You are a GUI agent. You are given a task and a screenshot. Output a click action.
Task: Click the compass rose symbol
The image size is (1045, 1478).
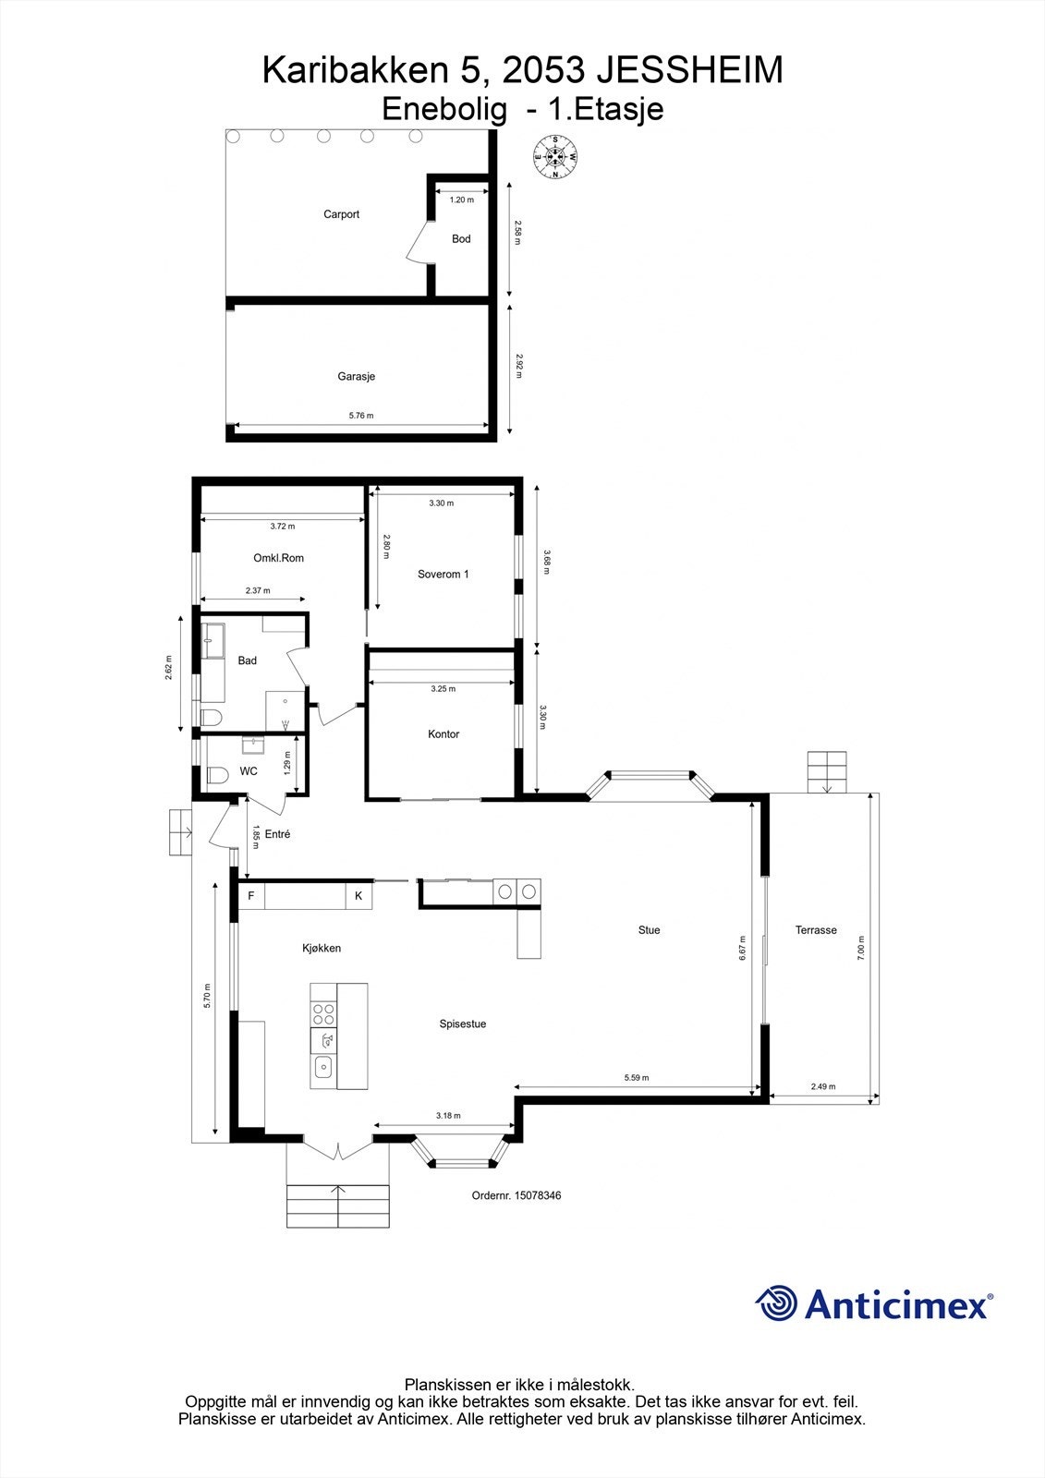[555, 156]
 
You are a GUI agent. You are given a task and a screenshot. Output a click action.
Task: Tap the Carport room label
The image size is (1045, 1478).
[341, 214]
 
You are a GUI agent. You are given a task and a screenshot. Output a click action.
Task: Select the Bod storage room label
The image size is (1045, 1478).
[461, 239]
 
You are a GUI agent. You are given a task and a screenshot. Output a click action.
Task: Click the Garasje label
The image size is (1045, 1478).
[356, 377]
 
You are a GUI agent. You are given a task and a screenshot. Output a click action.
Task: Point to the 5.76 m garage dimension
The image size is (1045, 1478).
[361, 416]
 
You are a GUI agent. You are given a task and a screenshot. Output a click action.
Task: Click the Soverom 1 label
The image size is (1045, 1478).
[444, 575]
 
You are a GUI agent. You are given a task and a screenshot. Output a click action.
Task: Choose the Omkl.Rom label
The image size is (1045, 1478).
[278, 558]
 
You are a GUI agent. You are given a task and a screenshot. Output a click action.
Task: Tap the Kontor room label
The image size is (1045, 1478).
[444, 734]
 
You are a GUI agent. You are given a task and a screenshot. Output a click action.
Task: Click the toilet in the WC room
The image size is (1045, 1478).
[216, 775]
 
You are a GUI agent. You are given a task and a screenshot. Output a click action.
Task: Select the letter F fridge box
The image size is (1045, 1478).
[250, 896]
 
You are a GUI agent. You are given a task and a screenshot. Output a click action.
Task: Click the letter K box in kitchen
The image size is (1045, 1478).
[358, 896]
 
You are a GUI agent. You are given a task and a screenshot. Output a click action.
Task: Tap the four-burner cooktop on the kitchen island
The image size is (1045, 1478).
[323, 1014]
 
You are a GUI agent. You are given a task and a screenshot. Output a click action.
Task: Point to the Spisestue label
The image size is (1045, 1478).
[463, 1024]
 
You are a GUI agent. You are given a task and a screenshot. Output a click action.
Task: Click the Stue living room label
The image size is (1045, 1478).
[649, 930]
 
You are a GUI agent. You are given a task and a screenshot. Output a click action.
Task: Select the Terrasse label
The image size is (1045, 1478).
[816, 930]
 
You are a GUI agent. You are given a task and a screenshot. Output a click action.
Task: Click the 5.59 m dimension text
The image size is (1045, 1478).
[637, 1078]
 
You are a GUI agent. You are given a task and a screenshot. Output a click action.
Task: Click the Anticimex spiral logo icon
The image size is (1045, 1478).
[776, 1303]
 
